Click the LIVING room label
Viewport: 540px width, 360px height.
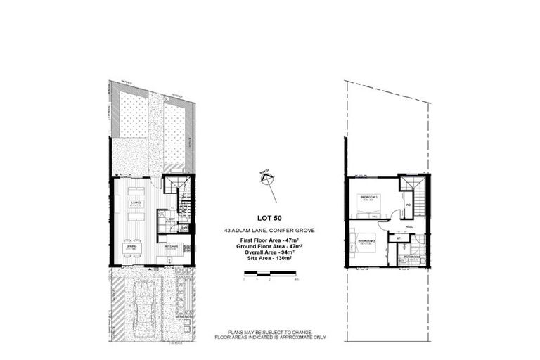pyautogui.click(x=134, y=202)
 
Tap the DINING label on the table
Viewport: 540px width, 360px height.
pyautogui.click(x=130, y=245)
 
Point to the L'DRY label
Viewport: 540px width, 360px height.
pyautogui.click(x=170, y=219)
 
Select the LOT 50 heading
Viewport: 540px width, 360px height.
pyautogui.click(x=264, y=217)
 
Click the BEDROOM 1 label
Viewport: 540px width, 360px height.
pyautogui.click(x=369, y=198)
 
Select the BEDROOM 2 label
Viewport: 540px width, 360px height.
pyautogui.click(x=367, y=241)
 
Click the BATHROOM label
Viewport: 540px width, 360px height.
pyautogui.click(x=411, y=257)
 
